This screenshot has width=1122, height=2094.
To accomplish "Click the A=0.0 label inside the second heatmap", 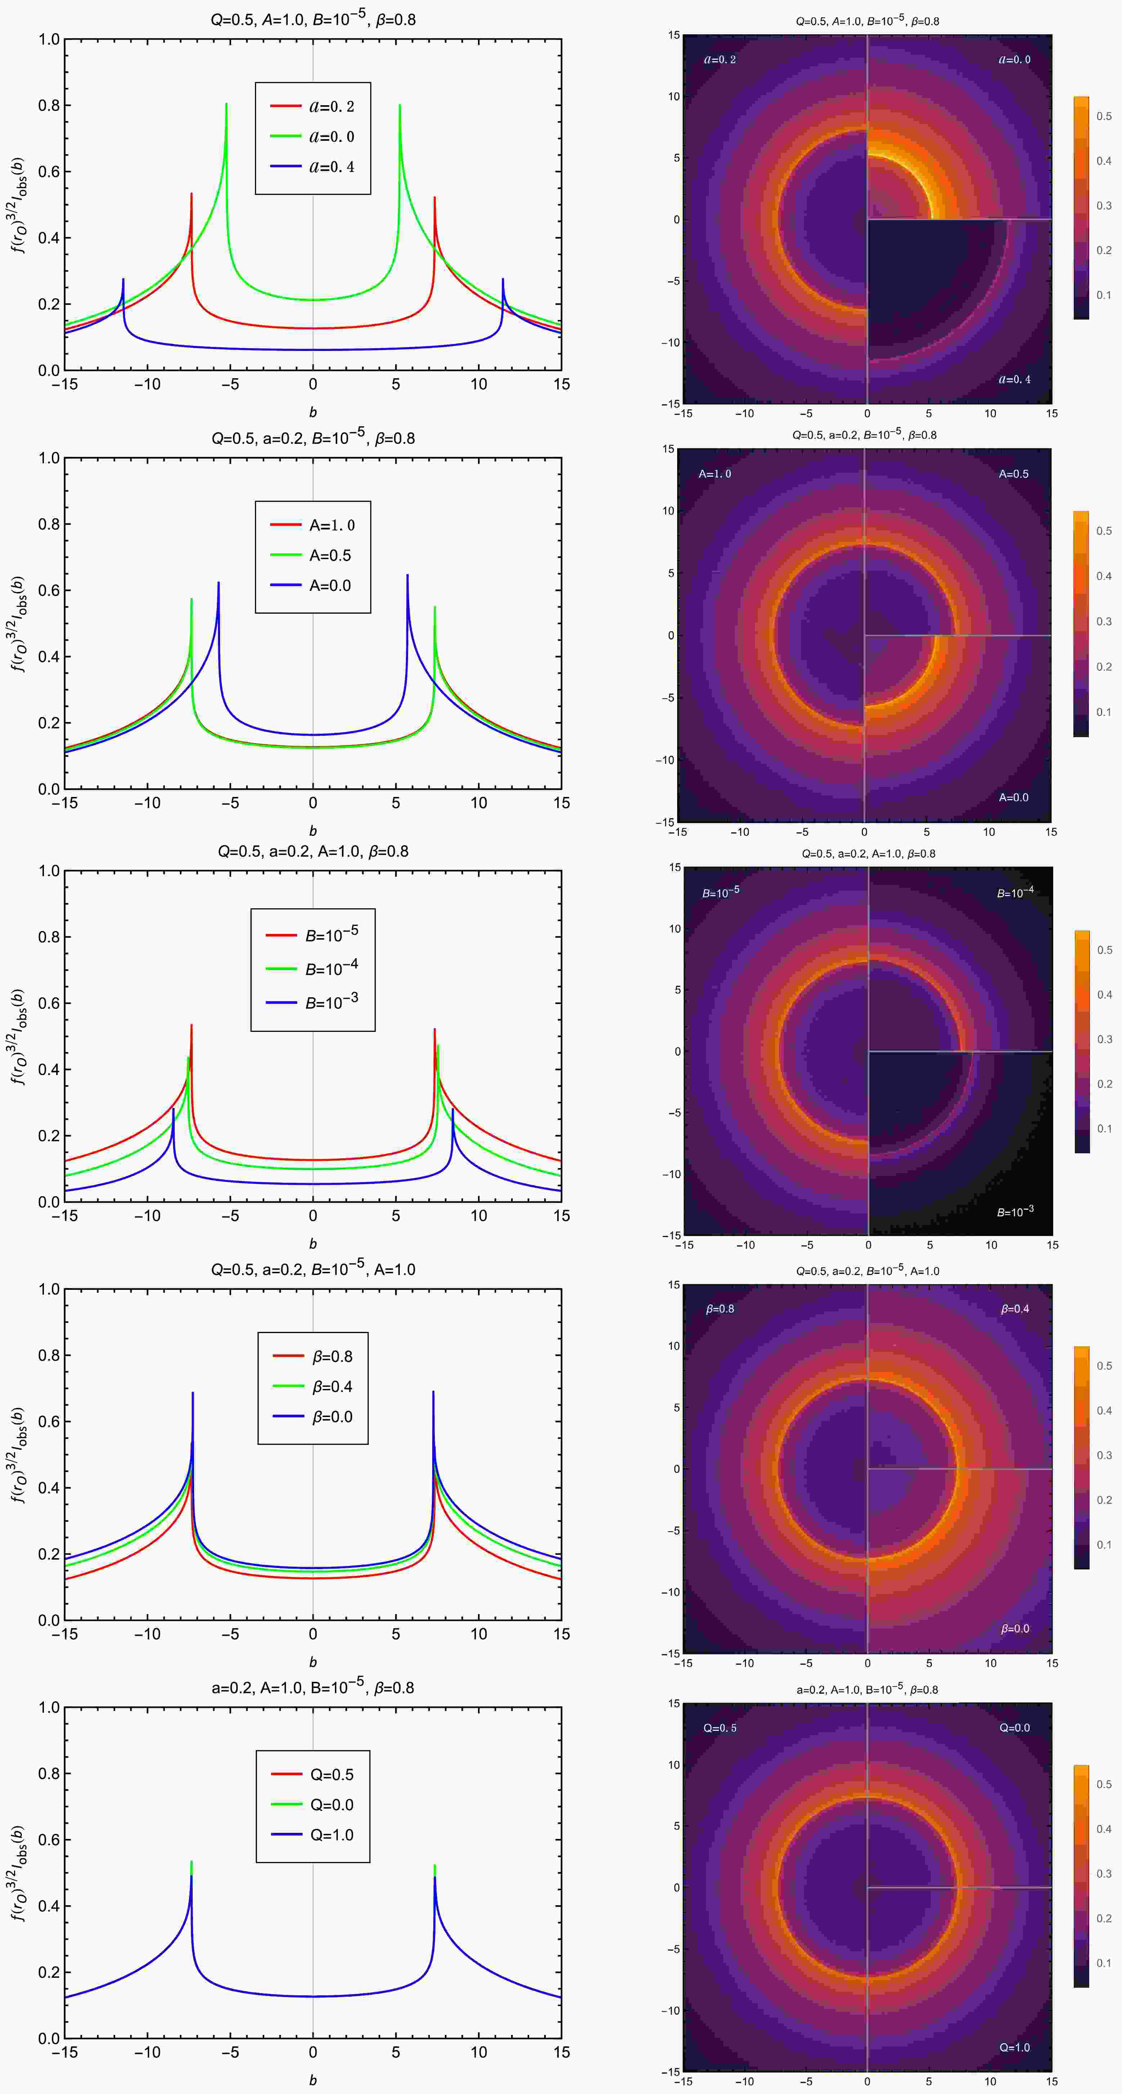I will point(1013,797).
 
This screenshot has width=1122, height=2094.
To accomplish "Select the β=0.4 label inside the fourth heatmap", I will point(1015,1309).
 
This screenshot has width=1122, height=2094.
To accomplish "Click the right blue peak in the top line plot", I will point(503,280).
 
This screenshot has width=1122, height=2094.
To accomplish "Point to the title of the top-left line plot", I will point(313,18).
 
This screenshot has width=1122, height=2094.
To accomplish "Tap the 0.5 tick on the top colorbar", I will point(1103,116).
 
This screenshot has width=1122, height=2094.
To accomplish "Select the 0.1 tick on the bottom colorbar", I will point(1103,1962).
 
